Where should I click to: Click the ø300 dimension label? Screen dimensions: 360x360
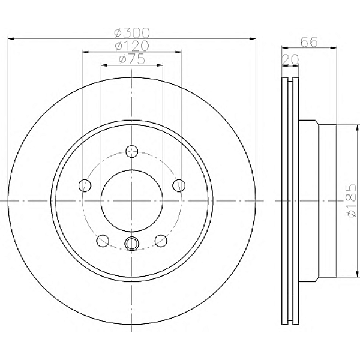[x=132, y=32]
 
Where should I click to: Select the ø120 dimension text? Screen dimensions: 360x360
[x=132, y=46]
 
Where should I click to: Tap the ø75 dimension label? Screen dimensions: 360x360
[x=132, y=59]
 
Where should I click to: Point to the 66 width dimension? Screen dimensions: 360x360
[x=309, y=42]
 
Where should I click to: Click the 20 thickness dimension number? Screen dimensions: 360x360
[x=290, y=59]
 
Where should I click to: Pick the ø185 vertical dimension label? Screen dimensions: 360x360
[x=352, y=200]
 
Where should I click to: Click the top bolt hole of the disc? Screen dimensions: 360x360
[x=132, y=151]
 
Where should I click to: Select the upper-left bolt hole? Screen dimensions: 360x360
[x=85, y=185]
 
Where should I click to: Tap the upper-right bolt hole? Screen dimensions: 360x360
[x=179, y=185]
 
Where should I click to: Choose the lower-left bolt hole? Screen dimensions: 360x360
[x=103, y=241]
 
